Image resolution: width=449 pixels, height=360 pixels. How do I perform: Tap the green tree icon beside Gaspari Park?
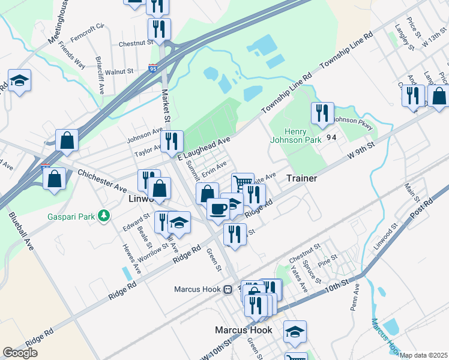(104, 215)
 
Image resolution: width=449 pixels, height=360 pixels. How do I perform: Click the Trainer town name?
(301, 179)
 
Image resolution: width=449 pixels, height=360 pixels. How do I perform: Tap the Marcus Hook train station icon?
(228, 289)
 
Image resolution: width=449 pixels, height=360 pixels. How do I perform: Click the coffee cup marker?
(218, 209)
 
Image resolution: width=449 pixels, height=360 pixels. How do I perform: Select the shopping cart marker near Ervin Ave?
(242, 182)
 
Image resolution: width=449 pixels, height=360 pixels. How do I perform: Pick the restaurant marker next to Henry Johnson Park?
(322, 113)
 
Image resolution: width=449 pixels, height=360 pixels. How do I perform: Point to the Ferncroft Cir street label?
(87, 27)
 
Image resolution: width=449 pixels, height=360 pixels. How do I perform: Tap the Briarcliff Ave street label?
(100, 71)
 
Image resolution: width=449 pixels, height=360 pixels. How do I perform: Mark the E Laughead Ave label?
(204, 148)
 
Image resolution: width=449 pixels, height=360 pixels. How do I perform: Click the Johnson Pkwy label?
(354, 122)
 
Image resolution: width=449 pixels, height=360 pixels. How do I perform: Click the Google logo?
(20, 353)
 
